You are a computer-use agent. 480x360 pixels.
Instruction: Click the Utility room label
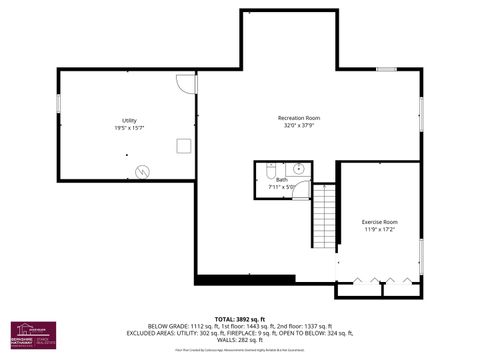point(130,121)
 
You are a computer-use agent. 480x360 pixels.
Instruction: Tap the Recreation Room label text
point(298,118)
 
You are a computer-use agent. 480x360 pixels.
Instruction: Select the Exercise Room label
point(379,221)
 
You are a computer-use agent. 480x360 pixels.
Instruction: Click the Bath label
point(281,179)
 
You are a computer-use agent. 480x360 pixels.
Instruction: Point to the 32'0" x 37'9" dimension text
point(298,127)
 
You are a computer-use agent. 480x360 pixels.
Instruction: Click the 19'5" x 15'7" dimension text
point(130,129)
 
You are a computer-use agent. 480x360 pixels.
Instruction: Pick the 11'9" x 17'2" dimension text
point(379,230)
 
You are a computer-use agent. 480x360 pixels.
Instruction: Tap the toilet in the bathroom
point(272,172)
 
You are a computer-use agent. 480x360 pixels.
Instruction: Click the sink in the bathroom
point(300,170)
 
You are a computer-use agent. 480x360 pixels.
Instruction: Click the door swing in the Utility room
point(187,84)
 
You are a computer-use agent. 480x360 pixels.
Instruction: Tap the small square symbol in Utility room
point(183,146)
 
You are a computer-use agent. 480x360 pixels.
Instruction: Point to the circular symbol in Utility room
point(143,171)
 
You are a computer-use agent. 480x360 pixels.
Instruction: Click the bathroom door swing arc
point(301,192)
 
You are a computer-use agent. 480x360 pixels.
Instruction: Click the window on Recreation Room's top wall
point(387,69)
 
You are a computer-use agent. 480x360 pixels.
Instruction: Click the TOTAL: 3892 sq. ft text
point(240,318)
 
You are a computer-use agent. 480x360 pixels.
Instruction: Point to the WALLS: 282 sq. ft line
point(240,340)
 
